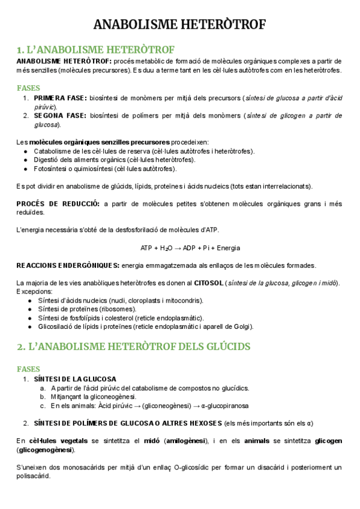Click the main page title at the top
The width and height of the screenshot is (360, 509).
coord(180,25)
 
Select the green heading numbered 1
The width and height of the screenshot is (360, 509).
coord(95,49)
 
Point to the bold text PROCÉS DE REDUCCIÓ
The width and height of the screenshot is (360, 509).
coord(58,204)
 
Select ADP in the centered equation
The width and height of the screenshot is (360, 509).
coord(190,248)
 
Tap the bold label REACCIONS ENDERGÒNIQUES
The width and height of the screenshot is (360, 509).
coord(67,266)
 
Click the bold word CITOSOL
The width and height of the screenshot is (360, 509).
coord(209,283)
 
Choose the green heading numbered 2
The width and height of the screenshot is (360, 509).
coord(133,347)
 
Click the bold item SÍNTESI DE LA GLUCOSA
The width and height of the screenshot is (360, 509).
coord(75,379)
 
